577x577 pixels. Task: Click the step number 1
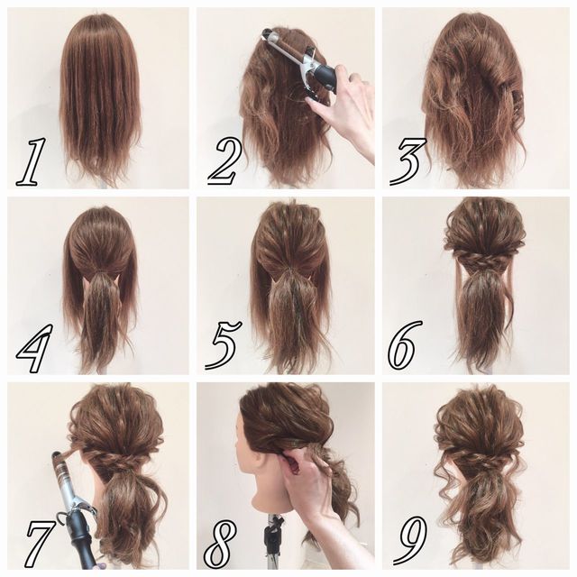32,161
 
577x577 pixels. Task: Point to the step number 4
32,347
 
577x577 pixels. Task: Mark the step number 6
405,344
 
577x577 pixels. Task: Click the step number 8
221,545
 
